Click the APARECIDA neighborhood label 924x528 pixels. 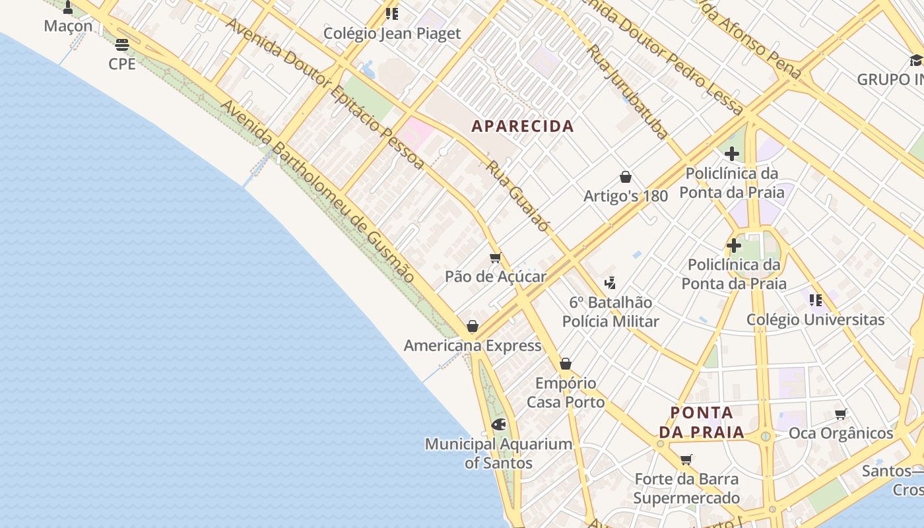point(522,126)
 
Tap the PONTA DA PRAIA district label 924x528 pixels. point(702,423)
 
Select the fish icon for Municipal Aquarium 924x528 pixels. point(498,424)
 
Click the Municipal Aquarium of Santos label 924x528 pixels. point(498,453)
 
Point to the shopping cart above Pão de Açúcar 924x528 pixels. point(496,257)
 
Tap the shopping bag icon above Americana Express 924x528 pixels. point(473,326)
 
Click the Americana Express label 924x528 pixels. point(473,346)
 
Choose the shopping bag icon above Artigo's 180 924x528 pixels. point(626,177)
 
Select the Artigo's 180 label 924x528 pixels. point(626,196)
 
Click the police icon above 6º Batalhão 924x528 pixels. point(610,283)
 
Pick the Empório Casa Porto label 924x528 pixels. point(566,393)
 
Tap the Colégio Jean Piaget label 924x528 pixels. point(392,34)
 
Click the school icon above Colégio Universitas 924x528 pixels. point(816,300)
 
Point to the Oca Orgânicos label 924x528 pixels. point(841,434)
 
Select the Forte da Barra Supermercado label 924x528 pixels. point(686,488)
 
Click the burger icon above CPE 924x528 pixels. point(122,45)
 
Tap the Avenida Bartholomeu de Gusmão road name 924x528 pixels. point(317,191)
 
